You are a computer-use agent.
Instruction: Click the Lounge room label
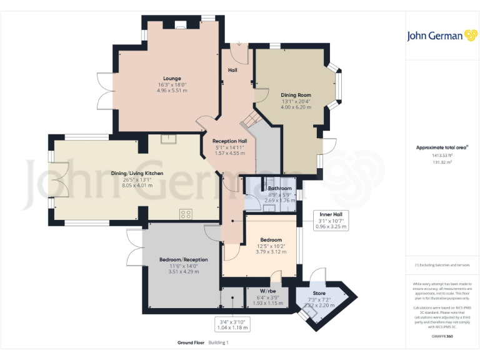pyautogui.click(x=172, y=78)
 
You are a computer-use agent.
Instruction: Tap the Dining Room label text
pyautogui.click(x=296, y=95)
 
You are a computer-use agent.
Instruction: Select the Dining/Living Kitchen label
pyautogui.click(x=137, y=173)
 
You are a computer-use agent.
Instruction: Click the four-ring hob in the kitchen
pyautogui.click(x=186, y=214)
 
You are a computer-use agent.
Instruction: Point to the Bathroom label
pyautogui.click(x=279, y=188)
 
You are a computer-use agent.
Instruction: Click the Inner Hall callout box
pyautogui.click(x=330, y=220)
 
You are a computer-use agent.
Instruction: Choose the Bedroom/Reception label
pyautogui.click(x=183, y=259)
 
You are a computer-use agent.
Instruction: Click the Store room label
pyautogui.click(x=319, y=292)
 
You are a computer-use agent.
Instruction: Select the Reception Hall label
pyautogui.click(x=229, y=141)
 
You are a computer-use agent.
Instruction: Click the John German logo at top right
pyautogui.click(x=443, y=36)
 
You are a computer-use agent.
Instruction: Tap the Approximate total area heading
pyautogui.click(x=441, y=147)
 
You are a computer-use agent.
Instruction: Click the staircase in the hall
pyautogui.click(x=251, y=119)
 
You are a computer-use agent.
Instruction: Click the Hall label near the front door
pyautogui.click(x=232, y=70)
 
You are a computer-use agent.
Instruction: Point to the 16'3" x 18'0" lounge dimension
pyautogui.click(x=172, y=84)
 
